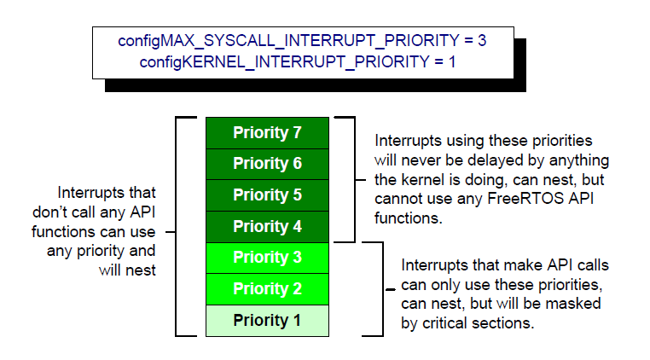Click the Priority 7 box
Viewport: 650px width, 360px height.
pos(267,132)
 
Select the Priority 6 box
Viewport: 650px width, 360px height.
pos(267,164)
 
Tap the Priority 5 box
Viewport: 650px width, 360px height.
pos(267,195)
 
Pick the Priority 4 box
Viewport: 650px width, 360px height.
pos(267,226)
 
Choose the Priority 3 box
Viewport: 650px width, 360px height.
pos(267,258)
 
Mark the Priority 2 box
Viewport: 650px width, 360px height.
pos(267,289)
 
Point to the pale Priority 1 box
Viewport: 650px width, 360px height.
pos(267,321)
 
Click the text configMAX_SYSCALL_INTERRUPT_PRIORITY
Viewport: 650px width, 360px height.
pos(289,41)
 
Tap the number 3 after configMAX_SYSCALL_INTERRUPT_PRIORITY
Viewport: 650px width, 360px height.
pos(482,41)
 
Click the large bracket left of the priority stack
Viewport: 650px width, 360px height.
pos(177,226)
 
